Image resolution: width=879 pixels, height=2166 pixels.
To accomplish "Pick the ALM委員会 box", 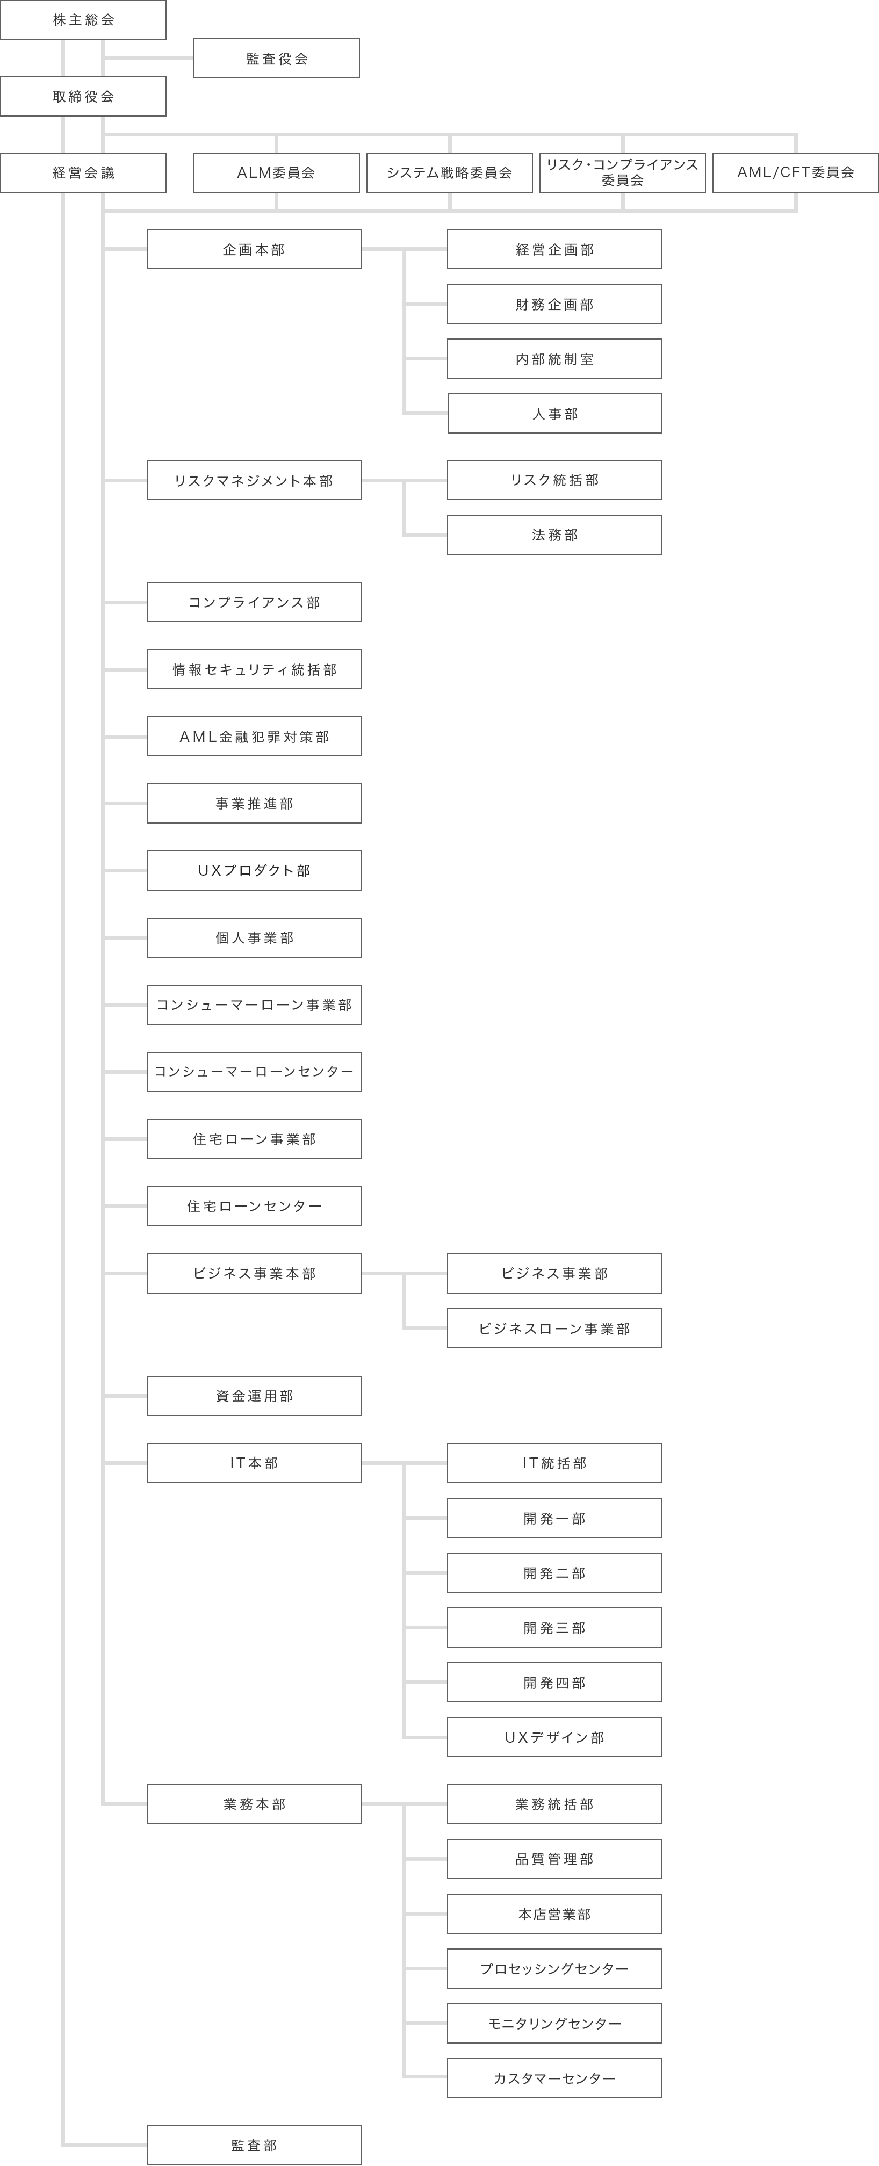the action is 277,172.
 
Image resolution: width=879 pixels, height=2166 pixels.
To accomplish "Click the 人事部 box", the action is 555,414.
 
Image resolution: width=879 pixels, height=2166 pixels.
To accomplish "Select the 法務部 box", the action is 554,535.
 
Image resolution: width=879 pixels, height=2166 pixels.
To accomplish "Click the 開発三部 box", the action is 554,1628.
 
